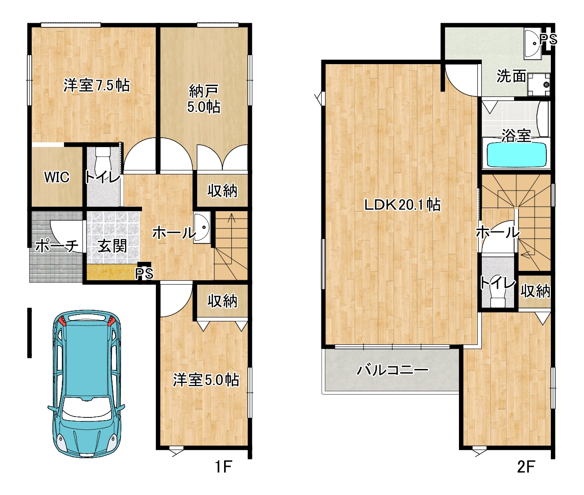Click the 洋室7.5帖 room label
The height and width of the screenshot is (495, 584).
tap(97, 85)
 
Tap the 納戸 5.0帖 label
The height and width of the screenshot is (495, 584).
tap(204, 99)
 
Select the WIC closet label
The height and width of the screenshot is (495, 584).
tap(57, 177)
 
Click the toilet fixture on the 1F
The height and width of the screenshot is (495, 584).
tap(102, 163)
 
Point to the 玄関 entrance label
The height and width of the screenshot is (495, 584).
tap(112, 246)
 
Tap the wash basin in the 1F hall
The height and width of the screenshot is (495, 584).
tap(202, 228)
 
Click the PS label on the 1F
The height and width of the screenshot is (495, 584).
tap(144, 274)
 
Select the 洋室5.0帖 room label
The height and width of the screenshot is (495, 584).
tap(206, 380)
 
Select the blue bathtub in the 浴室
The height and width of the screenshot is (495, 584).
tap(516, 155)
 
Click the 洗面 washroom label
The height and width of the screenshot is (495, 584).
tap(511, 76)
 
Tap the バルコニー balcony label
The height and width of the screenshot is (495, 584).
tap(393, 370)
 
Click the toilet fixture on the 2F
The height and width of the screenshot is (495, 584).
tap(497, 297)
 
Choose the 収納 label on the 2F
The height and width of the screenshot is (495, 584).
tap(535, 291)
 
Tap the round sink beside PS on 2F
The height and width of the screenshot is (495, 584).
tap(533, 43)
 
